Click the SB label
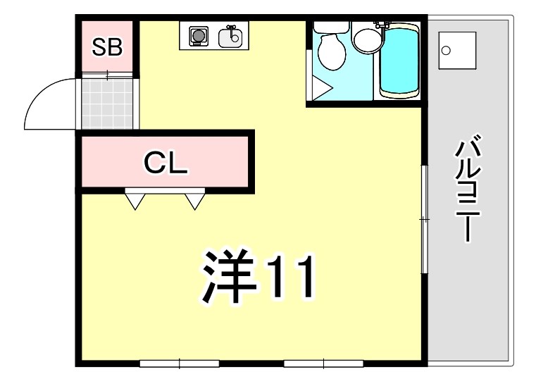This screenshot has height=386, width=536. (107, 47)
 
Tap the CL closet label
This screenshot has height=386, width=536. (166, 163)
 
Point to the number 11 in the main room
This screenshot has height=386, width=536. (292, 275)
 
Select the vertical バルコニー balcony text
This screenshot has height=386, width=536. (468, 189)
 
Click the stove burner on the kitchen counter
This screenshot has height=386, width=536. (197, 35)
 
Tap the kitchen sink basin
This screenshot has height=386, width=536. (230, 37)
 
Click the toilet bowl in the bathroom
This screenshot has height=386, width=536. (331, 51)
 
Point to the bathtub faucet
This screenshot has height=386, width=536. (382, 25)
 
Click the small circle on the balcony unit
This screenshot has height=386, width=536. (446, 51)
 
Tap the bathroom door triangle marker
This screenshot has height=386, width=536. (322, 88)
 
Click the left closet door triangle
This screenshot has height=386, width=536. (135, 201)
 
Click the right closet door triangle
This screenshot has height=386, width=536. (195, 201)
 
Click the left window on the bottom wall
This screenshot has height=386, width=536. (180, 363)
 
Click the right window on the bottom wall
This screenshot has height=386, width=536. (323, 363)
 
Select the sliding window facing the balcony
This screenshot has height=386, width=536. (424, 219)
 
